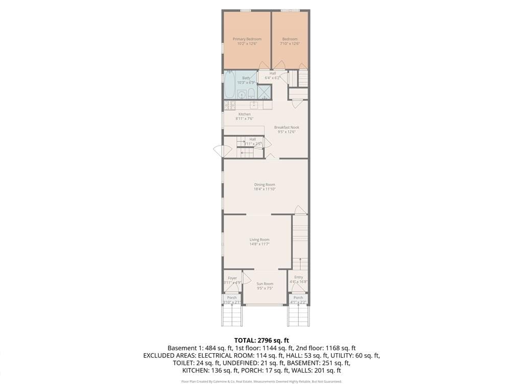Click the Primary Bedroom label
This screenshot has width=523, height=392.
tap(247, 39)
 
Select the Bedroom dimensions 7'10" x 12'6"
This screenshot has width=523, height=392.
tap(290, 44)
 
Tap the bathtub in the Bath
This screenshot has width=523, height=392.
tap(230, 85)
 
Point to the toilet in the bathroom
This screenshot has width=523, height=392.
tap(251, 93)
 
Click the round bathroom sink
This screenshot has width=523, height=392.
tap(242, 94)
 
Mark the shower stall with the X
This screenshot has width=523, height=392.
tap(264, 92)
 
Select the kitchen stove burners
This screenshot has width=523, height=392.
tap(229, 105)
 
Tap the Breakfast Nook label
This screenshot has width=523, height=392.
tap(287, 128)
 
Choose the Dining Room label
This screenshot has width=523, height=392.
tap(265, 185)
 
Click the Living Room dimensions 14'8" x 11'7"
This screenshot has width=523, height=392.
tap(259, 244)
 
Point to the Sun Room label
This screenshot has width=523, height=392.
tap(265, 284)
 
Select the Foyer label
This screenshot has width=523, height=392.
tap(232, 278)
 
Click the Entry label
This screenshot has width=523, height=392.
tap(298, 277)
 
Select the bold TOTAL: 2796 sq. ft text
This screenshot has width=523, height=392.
tap(261, 340)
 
